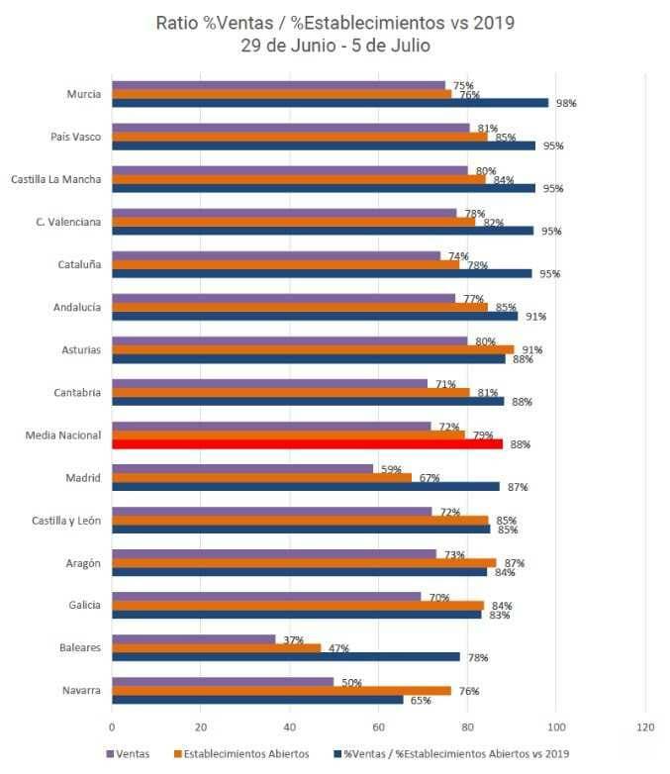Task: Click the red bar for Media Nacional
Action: (x=307, y=444)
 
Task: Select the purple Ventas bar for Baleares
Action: (x=193, y=638)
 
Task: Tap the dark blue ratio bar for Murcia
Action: (x=330, y=103)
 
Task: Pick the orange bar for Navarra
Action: (x=281, y=691)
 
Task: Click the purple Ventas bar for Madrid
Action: (x=242, y=468)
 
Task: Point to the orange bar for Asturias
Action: (x=313, y=349)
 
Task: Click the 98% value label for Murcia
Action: (x=566, y=103)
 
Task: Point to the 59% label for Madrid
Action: (x=392, y=469)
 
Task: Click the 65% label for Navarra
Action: (x=420, y=700)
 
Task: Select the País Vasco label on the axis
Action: (x=75, y=137)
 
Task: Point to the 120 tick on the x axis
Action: (x=645, y=726)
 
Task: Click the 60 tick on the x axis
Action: (x=379, y=726)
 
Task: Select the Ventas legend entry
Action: (x=128, y=754)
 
